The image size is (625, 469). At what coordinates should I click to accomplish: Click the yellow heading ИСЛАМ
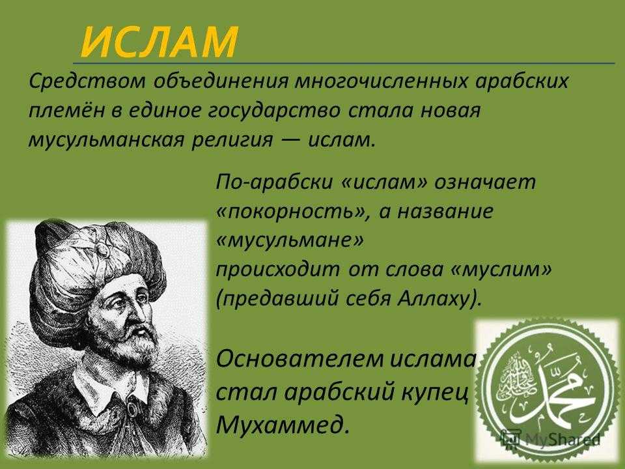[x=159, y=42]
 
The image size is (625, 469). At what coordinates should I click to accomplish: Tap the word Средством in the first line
[x=87, y=81]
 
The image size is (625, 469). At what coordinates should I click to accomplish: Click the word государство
[x=274, y=111]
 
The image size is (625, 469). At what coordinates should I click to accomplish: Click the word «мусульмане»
[x=290, y=240]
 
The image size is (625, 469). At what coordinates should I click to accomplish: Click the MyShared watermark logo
[x=550, y=439]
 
